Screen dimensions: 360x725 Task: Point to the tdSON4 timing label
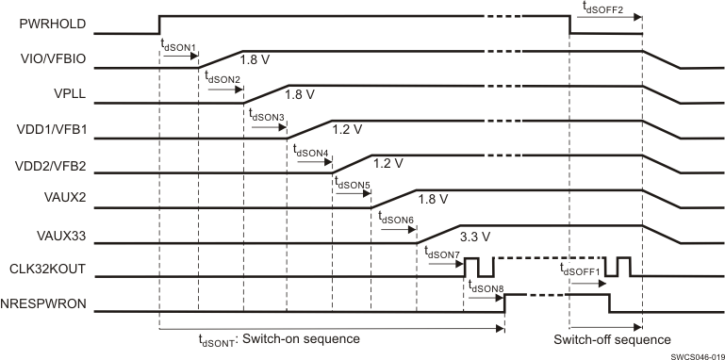[310, 151]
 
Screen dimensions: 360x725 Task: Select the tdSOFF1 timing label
[580, 270]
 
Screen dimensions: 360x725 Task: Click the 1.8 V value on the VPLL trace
[299, 94]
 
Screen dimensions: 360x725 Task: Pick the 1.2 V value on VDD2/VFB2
[387, 163]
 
